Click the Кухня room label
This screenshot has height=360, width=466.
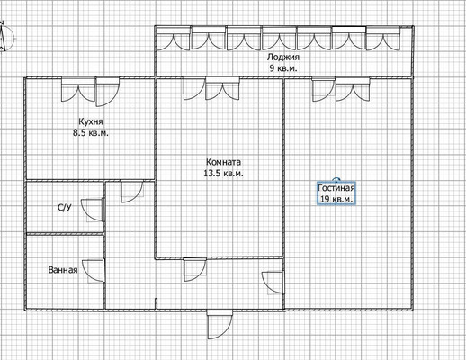tap(91, 121)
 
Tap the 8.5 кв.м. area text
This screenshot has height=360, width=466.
tap(91, 133)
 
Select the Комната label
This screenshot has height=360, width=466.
tap(223, 162)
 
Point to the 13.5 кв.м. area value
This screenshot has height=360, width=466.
tap(223, 174)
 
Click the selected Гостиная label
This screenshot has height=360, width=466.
tap(336, 188)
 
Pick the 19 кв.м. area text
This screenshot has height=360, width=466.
tap(336, 199)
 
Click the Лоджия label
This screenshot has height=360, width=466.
tap(283, 57)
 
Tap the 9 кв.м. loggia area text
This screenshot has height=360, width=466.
tap(283, 68)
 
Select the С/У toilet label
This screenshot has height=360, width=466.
tap(65, 207)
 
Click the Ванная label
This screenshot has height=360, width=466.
tap(63, 270)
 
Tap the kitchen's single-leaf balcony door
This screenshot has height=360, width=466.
tap(107, 92)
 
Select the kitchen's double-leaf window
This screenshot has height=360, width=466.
tap(78, 89)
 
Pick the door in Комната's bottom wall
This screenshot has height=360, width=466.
tap(195, 270)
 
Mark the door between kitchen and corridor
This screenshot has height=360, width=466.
tap(132, 192)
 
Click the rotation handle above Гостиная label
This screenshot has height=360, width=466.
tap(336, 180)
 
